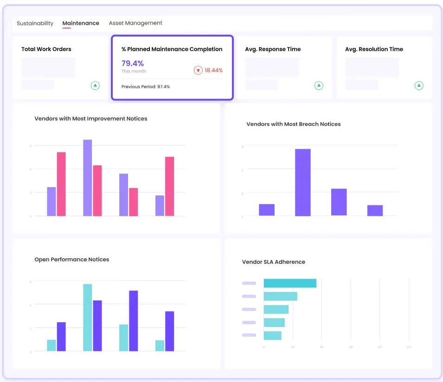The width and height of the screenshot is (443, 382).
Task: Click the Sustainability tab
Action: (x=35, y=23)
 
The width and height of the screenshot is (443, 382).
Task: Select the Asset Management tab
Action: (x=135, y=23)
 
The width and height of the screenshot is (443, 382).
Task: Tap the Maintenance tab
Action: (x=81, y=23)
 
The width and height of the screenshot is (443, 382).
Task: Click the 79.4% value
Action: (x=133, y=63)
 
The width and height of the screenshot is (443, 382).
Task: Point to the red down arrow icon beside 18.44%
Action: (x=198, y=70)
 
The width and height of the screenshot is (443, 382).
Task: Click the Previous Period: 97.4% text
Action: (x=146, y=87)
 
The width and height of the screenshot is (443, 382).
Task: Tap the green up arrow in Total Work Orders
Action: (x=95, y=85)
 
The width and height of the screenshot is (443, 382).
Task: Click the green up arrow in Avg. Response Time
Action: (x=319, y=85)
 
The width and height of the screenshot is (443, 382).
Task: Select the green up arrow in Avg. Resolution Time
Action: (x=419, y=85)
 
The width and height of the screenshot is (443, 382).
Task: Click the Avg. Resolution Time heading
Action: (x=374, y=49)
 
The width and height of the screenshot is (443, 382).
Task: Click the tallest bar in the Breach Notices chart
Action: (x=303, y=182)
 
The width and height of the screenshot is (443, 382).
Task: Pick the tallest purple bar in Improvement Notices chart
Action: (x=88, y=177)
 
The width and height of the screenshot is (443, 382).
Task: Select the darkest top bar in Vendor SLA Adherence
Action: (x=290, y=283)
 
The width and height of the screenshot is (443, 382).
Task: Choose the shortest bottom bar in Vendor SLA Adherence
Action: (x=272, y=336)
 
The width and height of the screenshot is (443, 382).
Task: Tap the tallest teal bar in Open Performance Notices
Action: (x=88, y=318)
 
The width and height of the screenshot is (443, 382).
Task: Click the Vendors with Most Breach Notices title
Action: (x=293, y=124)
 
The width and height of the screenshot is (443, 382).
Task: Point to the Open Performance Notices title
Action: (x=72, y=259)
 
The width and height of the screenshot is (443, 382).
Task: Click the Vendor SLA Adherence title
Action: (x=274, y=262)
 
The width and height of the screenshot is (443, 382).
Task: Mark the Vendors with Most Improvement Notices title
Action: (x=91, y=119)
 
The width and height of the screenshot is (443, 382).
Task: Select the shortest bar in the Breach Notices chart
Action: (x=375, y=211)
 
